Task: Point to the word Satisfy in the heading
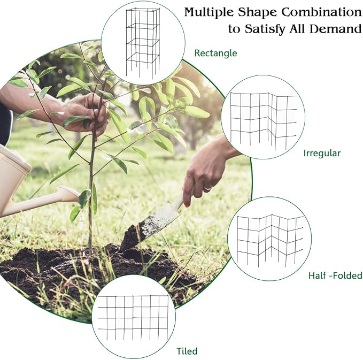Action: coord(265,29)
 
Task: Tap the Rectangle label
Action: coord(215,53)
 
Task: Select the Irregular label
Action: coord(322,153)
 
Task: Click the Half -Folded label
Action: coord(335,275)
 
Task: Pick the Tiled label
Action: coord(187,351)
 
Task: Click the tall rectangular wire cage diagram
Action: coord(143,43)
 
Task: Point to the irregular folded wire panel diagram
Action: coord(263,120)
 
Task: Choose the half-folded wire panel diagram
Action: coord(270,240)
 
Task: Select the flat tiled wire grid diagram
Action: coord(133,318)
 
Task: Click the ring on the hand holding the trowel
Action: coord(208,188)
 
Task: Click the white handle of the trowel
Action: coord(183,198)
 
